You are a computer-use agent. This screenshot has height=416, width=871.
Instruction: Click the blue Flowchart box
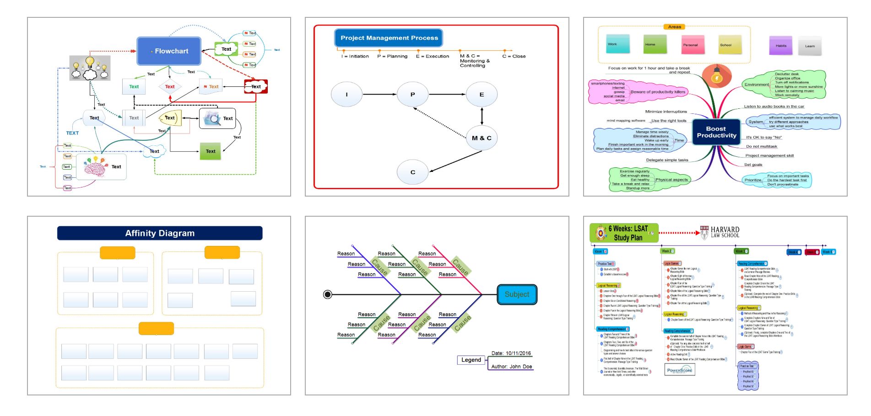tap(169, 51)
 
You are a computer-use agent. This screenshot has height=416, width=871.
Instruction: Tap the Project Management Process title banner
tap(389, 38)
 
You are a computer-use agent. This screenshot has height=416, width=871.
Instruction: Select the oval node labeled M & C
tap(481, 138)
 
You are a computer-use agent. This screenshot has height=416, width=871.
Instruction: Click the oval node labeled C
tap(413, 172)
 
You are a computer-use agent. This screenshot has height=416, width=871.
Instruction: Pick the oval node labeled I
tap(346, 95)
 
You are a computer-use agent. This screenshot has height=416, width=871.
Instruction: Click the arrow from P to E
tap(447, 95)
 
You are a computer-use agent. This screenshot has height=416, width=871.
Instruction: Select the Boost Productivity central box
tap(716, 132)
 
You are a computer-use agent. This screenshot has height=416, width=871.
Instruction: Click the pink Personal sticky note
tap(690, 45)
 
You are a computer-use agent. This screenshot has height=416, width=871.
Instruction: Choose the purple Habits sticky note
tap(781, 46)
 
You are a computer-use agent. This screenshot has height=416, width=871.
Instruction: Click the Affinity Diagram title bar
tap(160, 233)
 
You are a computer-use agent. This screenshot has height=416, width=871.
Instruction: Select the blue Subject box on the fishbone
tap(517, 294)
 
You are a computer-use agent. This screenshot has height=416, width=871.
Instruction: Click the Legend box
tap(471, 360)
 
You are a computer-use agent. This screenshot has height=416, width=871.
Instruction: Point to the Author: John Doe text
tap(511, 366)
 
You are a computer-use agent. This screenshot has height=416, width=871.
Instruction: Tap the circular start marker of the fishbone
tap(328, 294)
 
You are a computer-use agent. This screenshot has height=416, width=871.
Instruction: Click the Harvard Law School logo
tap(720, 232)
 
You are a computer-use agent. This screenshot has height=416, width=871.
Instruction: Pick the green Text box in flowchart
tap(210, 151)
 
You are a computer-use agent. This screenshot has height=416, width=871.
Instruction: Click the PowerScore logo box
tap(680, 370)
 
